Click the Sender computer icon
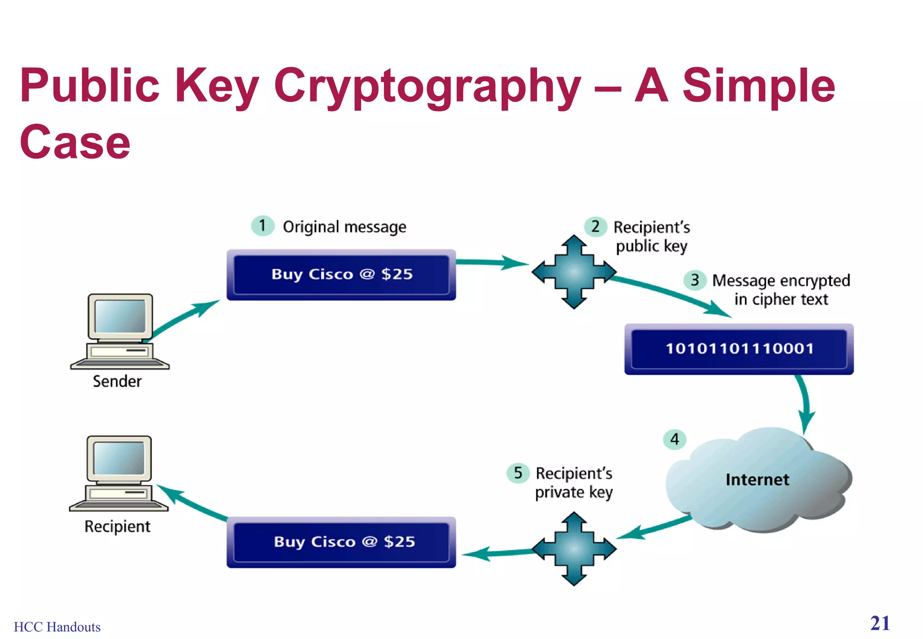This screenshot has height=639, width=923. point(120,331)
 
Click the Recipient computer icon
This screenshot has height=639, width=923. point(119,473)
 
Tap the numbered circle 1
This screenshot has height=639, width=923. point(262,225)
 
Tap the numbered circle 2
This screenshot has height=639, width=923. point(595,226)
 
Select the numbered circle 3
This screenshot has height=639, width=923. point(695,280)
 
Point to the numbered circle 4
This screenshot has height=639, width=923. point(674,439)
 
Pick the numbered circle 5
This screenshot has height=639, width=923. point(518,473)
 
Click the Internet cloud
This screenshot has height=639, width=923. point(757,479)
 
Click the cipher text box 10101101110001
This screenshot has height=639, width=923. point(739,349)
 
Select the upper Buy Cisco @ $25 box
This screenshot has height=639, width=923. point(341,274)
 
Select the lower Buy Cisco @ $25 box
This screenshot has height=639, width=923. point(341,542)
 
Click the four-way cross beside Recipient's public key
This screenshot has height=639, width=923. point(574,272)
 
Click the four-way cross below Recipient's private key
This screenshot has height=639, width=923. point(574,548)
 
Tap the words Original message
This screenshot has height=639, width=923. point(344,227)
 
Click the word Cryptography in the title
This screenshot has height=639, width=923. point(427,86)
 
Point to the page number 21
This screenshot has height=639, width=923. point(880,623)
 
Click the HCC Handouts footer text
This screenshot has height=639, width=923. point(57,627)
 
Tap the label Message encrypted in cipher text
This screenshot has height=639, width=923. point(781,290)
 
